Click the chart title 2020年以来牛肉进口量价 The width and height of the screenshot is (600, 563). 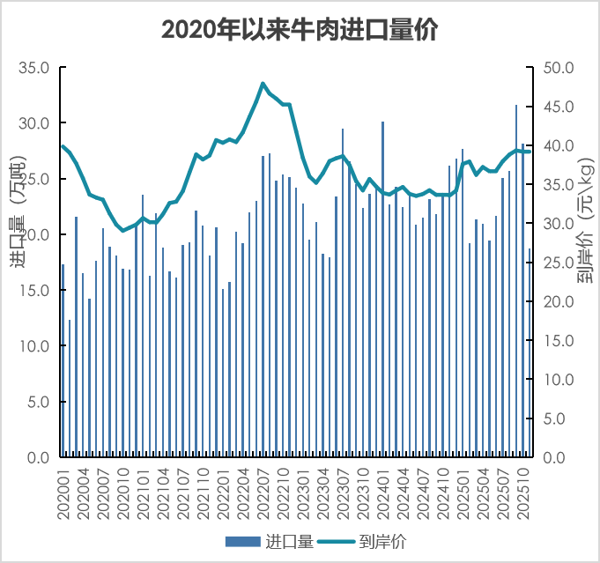tap(300, 30)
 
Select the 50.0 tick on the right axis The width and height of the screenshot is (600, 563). tap(560, 68)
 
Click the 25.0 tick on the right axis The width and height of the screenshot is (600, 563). tap(560, 263)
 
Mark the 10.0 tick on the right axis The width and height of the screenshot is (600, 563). tap(560, 380)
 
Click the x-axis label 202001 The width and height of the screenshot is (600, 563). tap(63, 494)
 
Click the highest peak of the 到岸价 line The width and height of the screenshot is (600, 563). tap(263, 84)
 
